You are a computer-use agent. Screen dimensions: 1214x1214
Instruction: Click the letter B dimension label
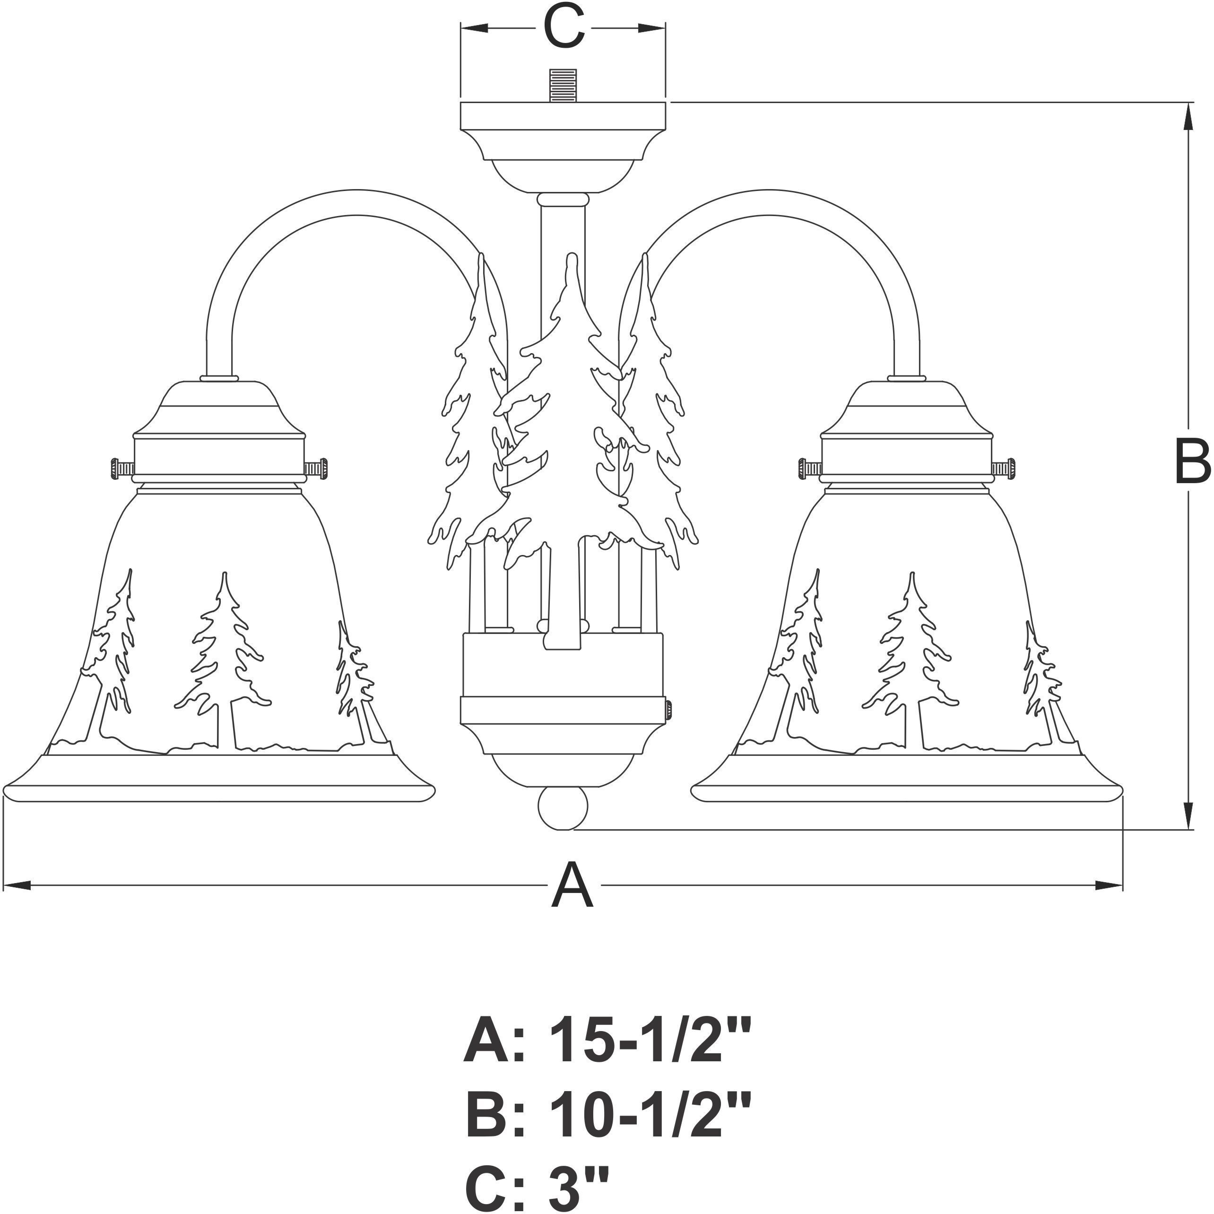1192,462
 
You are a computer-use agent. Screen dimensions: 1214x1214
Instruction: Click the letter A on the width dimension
572,886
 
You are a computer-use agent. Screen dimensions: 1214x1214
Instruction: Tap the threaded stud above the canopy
563,86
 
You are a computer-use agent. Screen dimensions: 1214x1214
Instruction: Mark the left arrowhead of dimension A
17,886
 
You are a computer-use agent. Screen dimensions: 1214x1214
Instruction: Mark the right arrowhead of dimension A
1109,886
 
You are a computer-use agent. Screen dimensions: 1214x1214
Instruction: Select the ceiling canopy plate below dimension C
563,115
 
